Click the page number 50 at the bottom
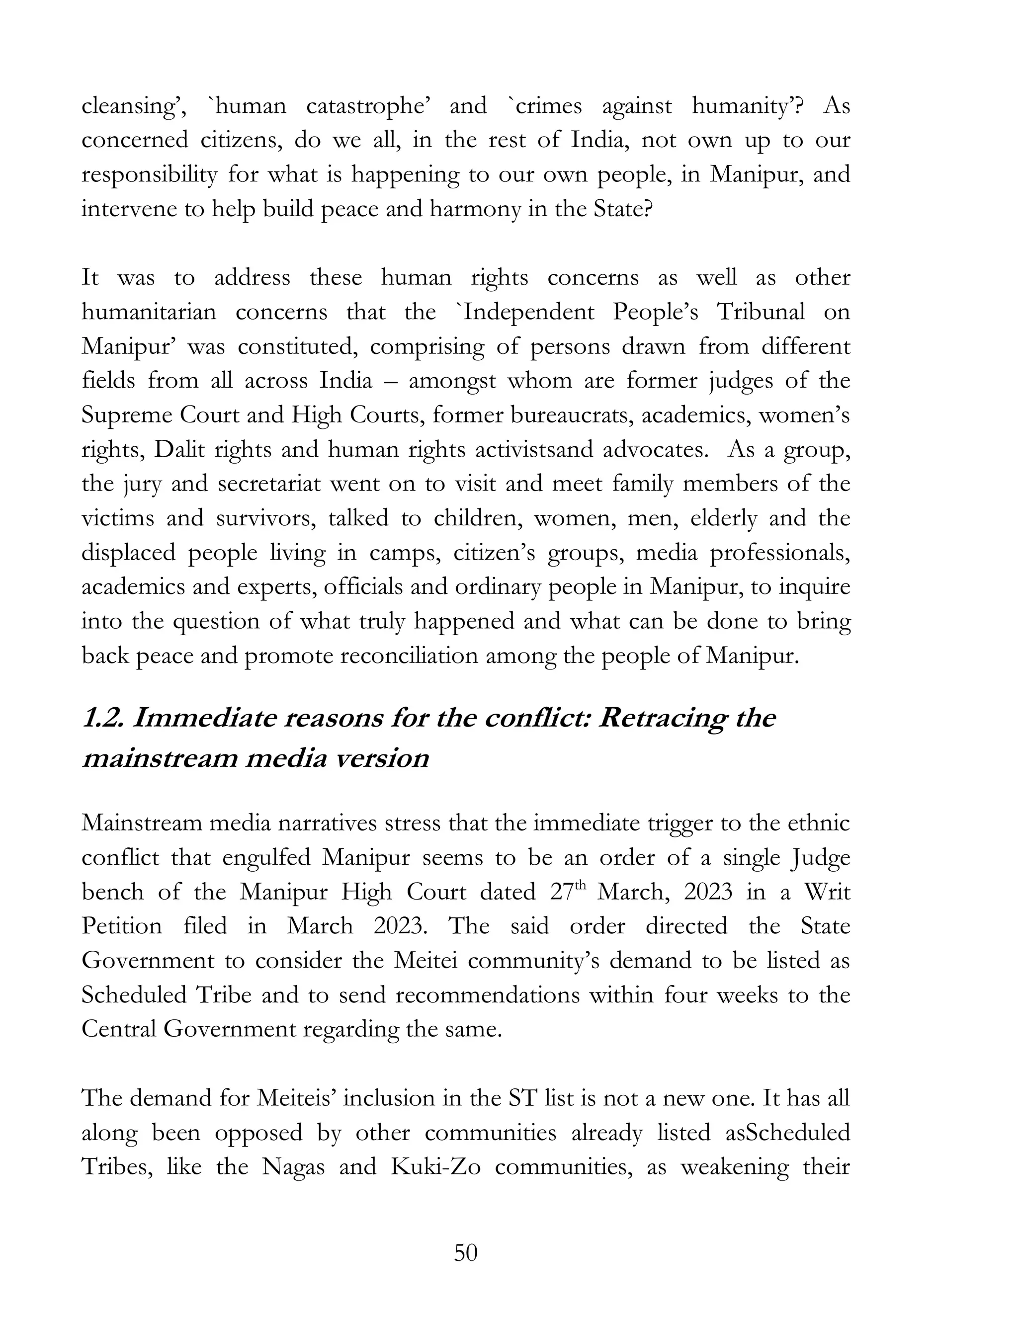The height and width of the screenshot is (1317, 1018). pyautogui.click(x=465, y=1253)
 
